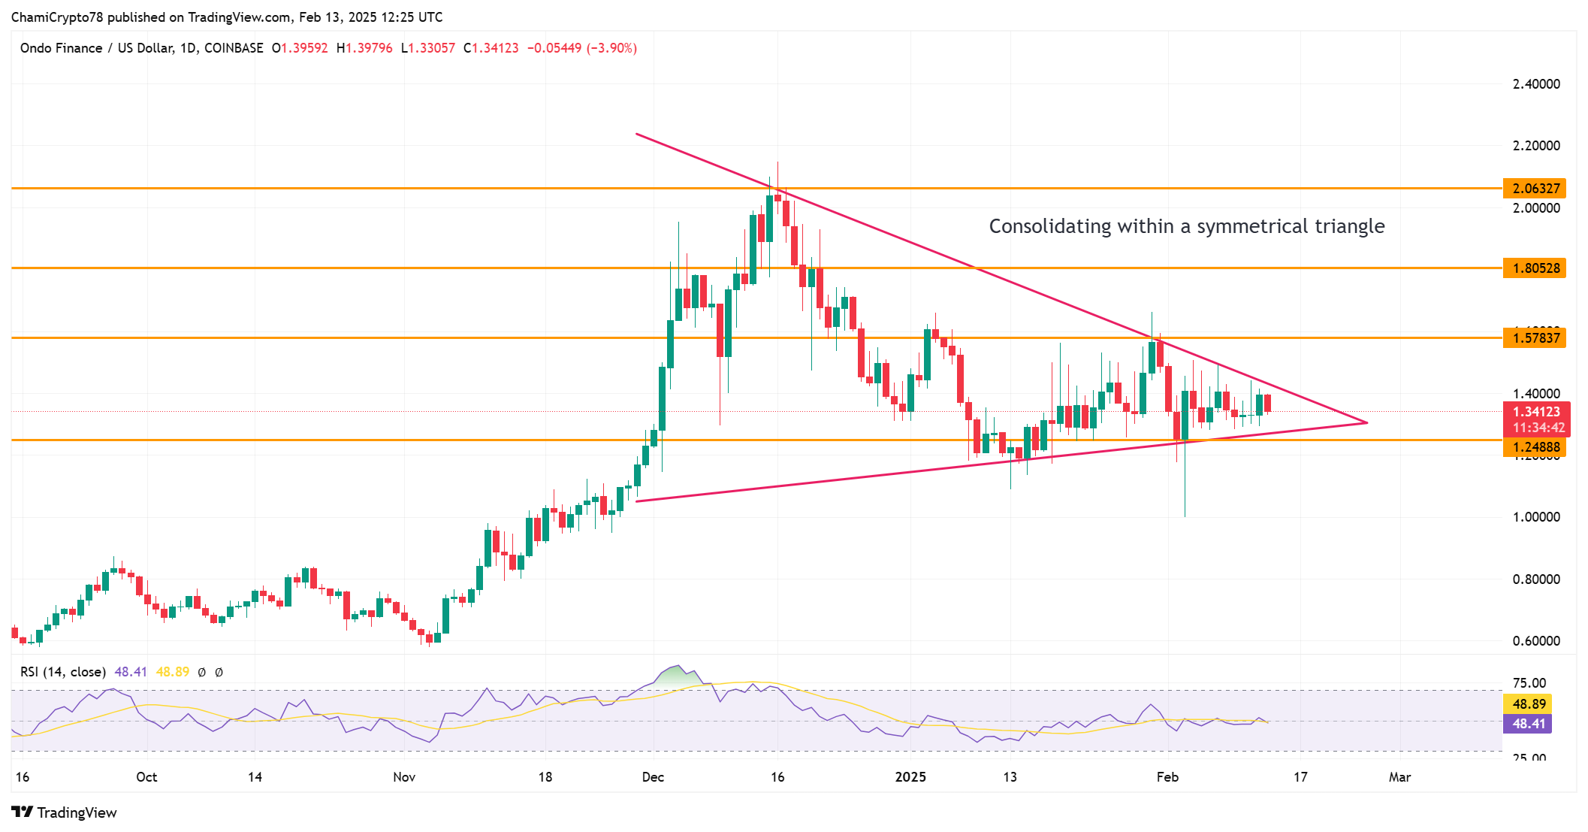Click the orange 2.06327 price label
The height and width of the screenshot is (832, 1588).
pyautogui.click(x=1535, y=189)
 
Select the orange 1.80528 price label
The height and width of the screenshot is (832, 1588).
pyautogui.click(x=1535, y=268)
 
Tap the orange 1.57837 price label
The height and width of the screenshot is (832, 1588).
pyautogui.click(x=1535, y=338)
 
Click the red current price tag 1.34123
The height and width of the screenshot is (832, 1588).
pyautogui.click(x=1535, y=412)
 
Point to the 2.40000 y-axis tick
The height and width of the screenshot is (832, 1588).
pyautogui.click(x=1535, y=84)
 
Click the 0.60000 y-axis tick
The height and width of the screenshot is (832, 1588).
pyautogui.click(x=1535, y=641)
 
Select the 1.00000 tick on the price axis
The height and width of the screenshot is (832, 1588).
pyautogui.click(x=1535, y=517)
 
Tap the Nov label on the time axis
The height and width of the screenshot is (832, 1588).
pyautogui.click(x=404, y=777)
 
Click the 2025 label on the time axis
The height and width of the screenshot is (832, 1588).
pyautogui.click(x=910, y=777)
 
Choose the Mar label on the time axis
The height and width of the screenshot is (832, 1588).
pyautogui.click(x=1399, y=777)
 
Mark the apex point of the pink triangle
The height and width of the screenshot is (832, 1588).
pyautogui.click(x=1366, y=422)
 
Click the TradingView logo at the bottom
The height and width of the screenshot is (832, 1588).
pyautogui.click(x=65, y=812)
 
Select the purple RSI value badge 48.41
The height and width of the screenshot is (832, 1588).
pyautogui.click(x=1528, y=724)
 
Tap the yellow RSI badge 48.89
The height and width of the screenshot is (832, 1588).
pyautogui.click(x=1528, y=704)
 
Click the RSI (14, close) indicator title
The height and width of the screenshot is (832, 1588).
pyautogui.click(x=63, y=672)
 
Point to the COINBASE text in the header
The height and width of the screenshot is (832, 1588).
pyautogui.click(x=234, y=48)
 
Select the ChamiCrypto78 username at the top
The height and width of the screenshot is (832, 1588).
pyautogui.click(x=57, y=17)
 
